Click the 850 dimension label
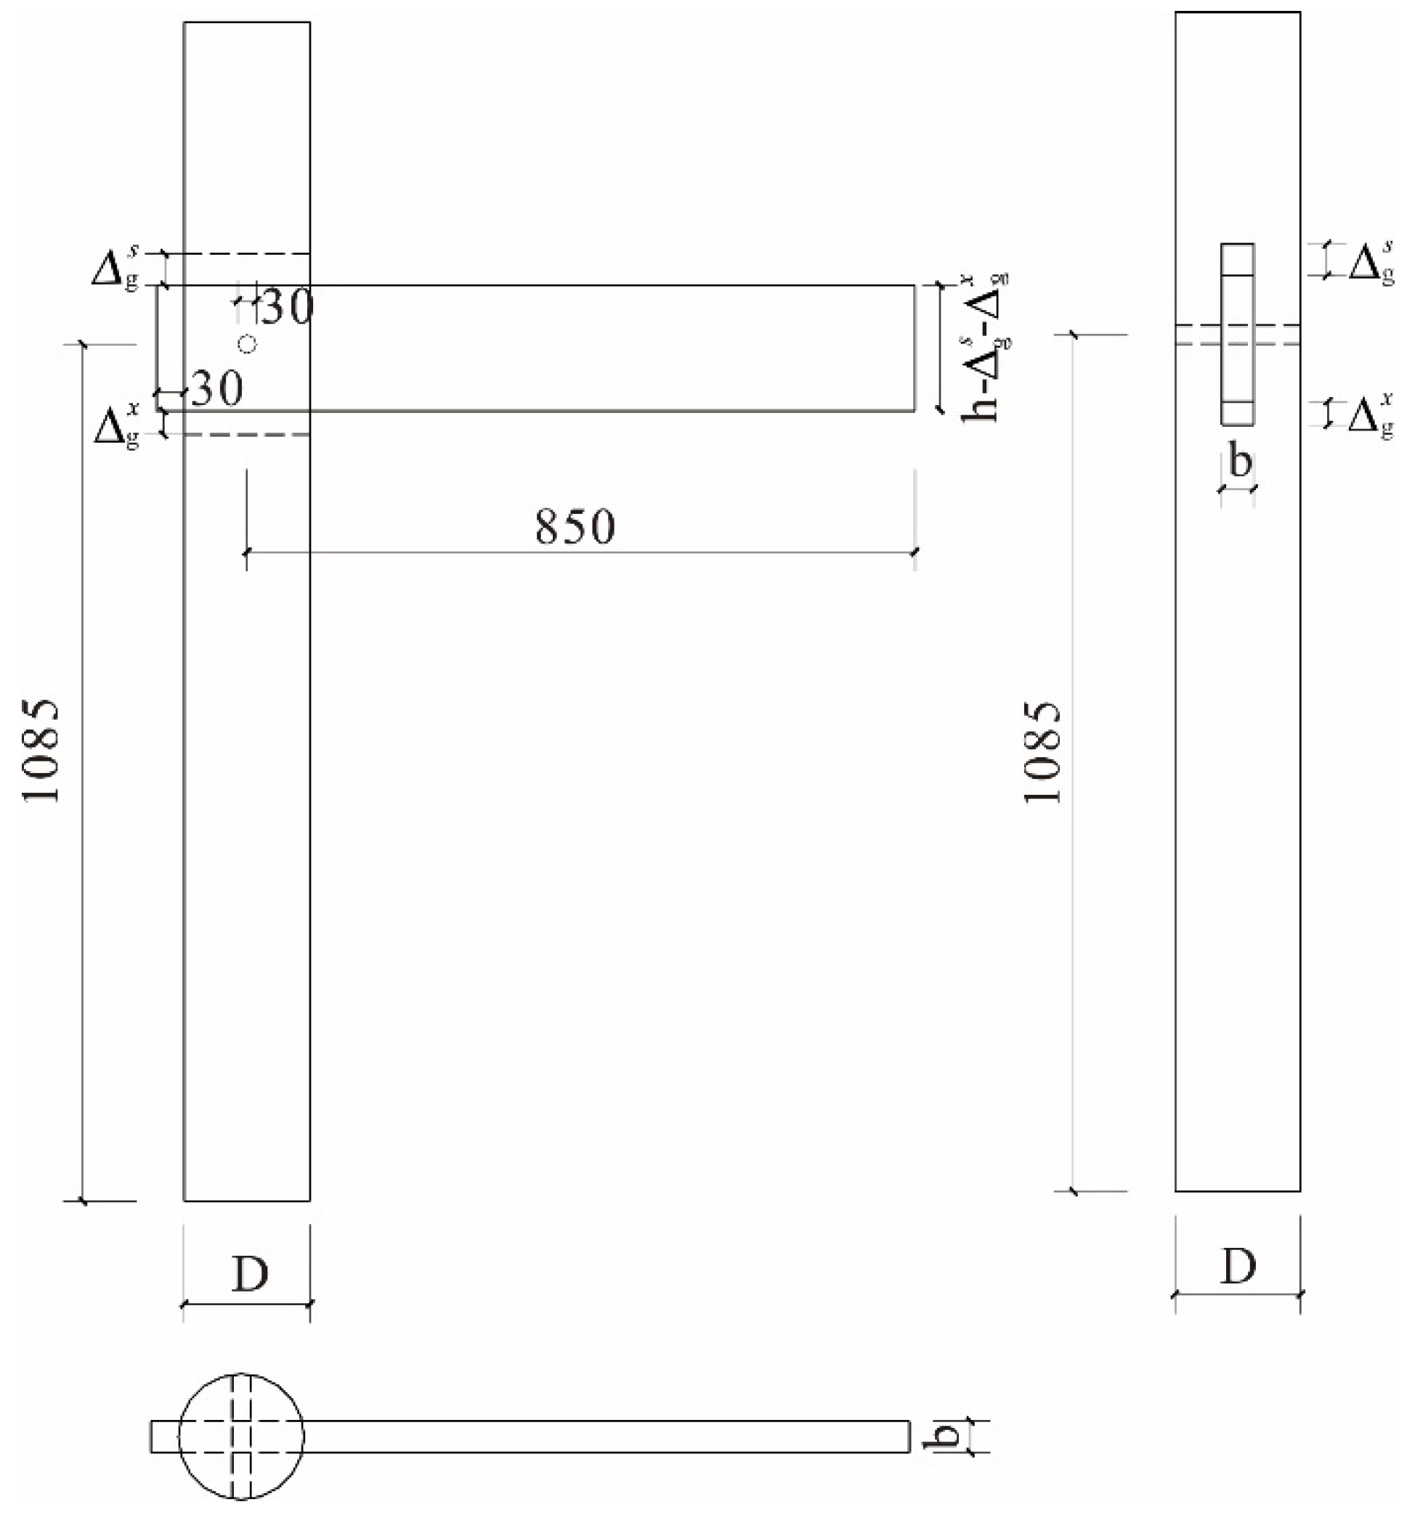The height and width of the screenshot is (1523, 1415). (x=575, y=527)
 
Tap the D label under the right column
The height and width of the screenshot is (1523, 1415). (x=1238, y=1267)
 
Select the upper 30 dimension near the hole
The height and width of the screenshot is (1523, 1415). (x=287, y=307)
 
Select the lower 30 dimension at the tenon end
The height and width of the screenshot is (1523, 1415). (x=216, y=389)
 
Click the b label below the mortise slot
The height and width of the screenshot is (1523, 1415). (x=1240, y=462)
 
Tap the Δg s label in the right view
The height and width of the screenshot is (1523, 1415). (x=1371, y=263)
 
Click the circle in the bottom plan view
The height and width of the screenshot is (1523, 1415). (x=241, y=1436)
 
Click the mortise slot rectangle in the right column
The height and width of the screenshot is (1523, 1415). (x=1237, y=334)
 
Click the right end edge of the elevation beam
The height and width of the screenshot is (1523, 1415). (x=915, y=348)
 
